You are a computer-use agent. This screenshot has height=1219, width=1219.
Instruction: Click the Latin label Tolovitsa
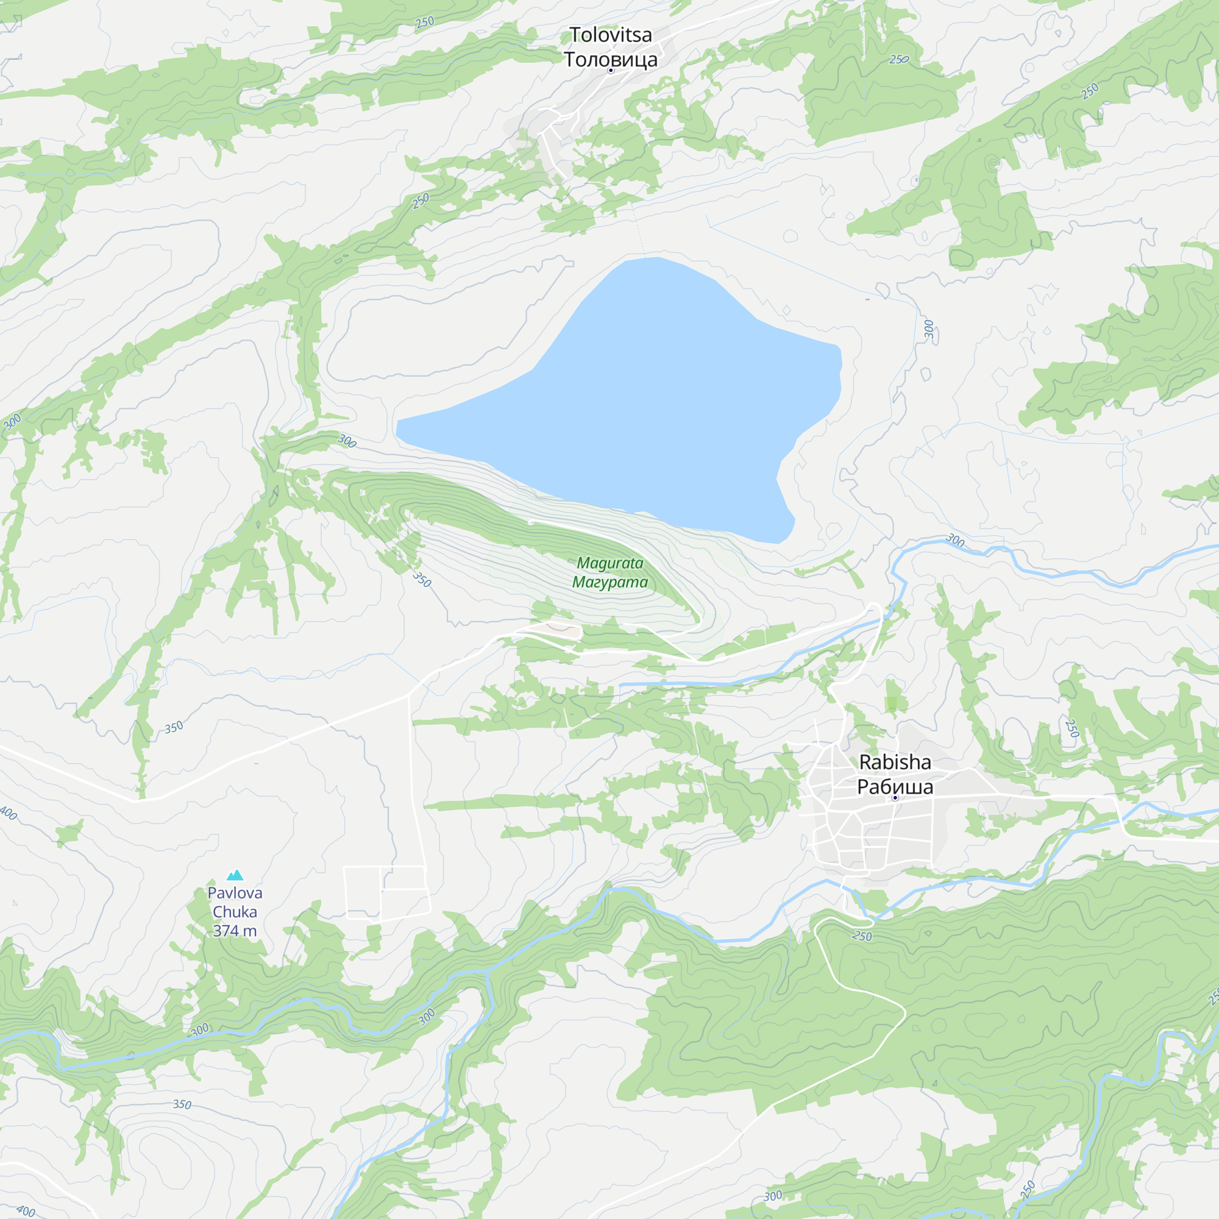610,35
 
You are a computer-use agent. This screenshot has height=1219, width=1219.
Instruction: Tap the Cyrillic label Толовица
610,59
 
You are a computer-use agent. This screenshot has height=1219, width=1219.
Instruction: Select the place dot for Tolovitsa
610,71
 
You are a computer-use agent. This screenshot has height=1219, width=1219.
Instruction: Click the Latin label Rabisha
895,762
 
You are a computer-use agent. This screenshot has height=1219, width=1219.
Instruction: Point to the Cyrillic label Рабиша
895,787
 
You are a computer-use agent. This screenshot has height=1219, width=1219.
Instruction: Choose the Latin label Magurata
610,563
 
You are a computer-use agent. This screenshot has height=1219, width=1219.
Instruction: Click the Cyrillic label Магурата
610,581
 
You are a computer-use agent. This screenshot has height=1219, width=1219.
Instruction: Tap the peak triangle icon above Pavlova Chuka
235,875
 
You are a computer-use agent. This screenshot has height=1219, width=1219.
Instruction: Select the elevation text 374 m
235,931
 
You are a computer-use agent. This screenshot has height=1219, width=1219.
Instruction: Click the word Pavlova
235,893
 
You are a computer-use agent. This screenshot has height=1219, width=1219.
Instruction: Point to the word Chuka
235,912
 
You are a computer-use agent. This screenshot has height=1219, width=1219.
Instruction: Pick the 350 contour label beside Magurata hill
422,579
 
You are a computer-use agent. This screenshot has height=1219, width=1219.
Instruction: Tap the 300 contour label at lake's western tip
347,441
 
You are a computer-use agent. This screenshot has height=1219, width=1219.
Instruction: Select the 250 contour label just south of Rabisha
862,936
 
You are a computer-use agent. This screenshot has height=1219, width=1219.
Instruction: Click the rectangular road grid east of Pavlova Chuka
387,892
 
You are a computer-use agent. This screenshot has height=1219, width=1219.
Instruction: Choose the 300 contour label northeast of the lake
929,329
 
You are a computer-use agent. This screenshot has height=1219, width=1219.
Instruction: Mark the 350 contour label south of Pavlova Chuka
182,1104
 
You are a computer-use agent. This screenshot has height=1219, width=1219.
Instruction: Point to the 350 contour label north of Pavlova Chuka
174,728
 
